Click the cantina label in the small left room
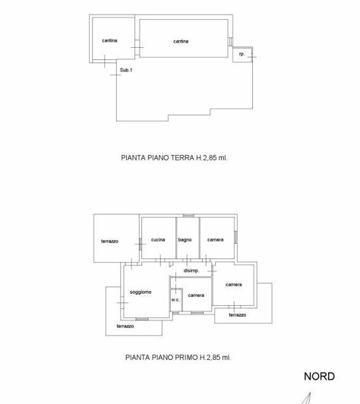[109, 40]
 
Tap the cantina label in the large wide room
[181, 41]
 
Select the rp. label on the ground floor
[242, 55]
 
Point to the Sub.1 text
[126, 71]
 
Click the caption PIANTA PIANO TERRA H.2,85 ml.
[175, 159]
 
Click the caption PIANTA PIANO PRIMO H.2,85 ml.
[177, 356]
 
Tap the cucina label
[158, 240]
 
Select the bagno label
[185, 240]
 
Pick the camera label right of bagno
[216, 240]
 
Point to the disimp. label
[191, 271]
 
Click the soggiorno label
[141, 292]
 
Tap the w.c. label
[175, 300]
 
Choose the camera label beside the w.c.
[197, 295]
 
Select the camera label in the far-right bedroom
[233, 285]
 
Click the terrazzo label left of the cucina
[109, 241]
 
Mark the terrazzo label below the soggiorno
[125, 327]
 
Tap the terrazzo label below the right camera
[237, 315]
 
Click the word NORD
[319, 376]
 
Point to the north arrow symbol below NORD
[307, 398]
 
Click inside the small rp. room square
[242, 56]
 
